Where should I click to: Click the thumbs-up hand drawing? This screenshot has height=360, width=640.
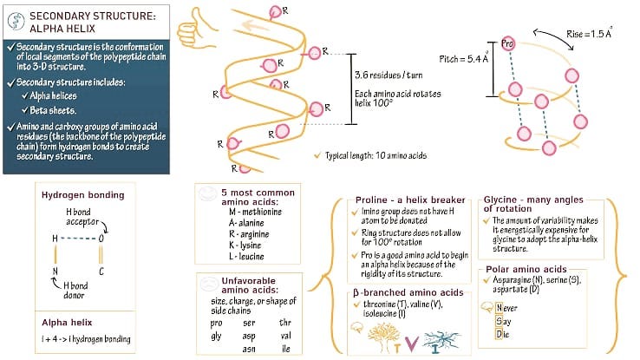pos(195,29)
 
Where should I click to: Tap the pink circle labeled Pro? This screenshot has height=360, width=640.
pos(507,43)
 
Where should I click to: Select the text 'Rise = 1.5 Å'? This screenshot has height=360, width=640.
pos(589,33)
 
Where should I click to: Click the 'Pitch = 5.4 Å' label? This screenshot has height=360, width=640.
pos(464,58)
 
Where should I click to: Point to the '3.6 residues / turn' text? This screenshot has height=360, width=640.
pos(389,75)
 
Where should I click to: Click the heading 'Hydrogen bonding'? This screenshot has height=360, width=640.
pos(83,195)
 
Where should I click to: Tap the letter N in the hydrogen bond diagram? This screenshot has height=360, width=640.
pos(56,271)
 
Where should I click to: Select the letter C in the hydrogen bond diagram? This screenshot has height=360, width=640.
pos(101,271)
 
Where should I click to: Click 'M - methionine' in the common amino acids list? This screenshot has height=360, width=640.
pos(255,212)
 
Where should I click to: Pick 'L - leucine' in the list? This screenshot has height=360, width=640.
pos(246,256)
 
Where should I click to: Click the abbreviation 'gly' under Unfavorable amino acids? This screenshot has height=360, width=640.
pos(216,336)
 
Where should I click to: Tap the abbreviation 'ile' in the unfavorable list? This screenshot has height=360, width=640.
pos(285,348)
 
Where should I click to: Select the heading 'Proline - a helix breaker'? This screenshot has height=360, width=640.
pos(410,200)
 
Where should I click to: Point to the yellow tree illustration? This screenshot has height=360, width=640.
pos(382,337)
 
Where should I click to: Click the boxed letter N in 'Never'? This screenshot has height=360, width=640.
pos(499,308)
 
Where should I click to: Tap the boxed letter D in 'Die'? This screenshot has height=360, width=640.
pos(499,334)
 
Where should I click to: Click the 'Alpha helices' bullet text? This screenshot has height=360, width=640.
pos(54,96)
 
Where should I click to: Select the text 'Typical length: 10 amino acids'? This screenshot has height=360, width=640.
pos(376,155)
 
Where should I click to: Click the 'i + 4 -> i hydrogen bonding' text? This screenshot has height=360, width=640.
pos(86,339)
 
